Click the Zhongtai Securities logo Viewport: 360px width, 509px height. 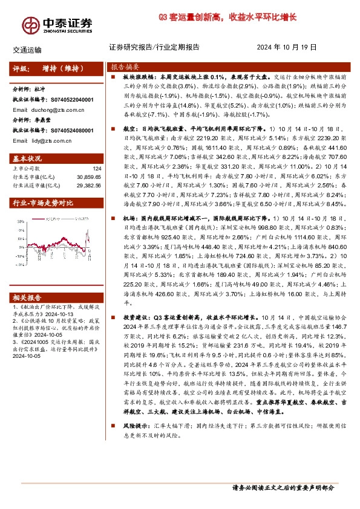(x=57, y=23)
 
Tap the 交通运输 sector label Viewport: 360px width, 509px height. (x=27, y=50)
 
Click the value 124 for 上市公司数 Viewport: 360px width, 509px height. (x=97, y=168)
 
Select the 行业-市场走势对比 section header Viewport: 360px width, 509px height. (x=43, y=203)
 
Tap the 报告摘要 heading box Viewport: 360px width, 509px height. (x=125, y=67)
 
